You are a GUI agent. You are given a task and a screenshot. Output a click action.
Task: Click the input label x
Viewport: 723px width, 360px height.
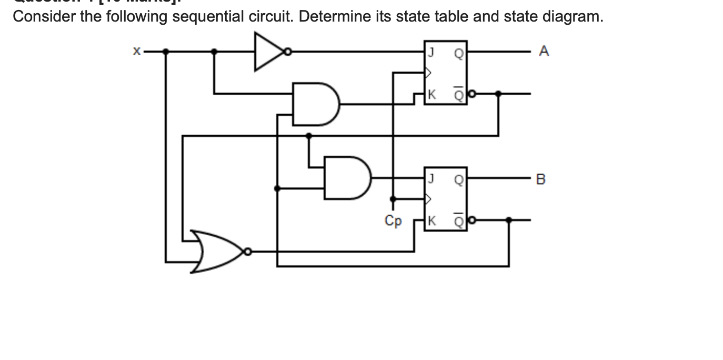point(136,52)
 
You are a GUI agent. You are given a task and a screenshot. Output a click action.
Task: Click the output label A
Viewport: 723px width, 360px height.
point(544,52)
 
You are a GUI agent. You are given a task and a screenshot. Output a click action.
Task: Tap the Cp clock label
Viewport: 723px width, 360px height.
point(393,221)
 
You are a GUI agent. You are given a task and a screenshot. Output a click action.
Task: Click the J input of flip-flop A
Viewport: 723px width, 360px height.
point(431,52)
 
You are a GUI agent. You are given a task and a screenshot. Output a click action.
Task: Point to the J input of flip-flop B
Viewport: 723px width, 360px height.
point(431,179)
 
